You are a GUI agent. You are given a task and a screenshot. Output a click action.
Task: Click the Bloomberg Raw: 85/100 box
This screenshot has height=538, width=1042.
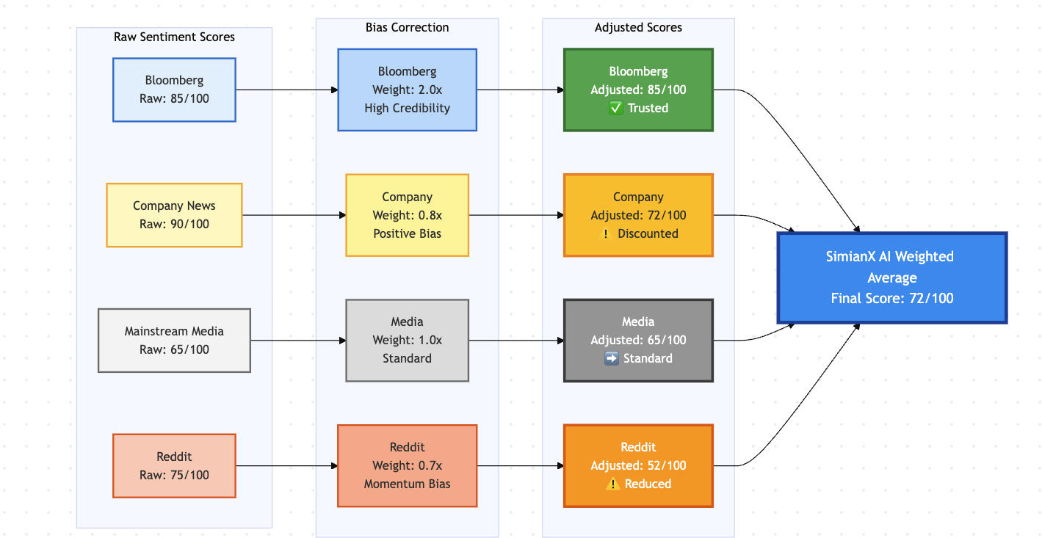click(x=174, y=90)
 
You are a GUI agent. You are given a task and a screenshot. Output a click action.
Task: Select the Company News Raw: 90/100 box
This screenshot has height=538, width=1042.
click(x=174, y=215)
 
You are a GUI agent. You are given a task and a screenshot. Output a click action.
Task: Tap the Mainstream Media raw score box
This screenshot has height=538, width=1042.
click(x=174, y=341)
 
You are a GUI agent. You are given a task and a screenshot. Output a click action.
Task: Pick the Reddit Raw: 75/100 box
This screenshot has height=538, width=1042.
click(x=174, y=466)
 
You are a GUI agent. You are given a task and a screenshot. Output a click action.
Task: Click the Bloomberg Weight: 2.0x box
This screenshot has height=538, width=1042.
click(x=407, y=90)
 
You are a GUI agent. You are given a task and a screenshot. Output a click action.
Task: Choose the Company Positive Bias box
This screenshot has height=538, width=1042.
click(x=407, y=215)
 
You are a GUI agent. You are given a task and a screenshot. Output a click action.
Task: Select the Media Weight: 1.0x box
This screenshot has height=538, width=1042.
click(x=407, y=341)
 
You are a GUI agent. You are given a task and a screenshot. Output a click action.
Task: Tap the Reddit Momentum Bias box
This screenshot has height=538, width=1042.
click(x=407, y=466)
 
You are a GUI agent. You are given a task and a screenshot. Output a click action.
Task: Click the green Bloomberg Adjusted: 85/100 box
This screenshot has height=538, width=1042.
click(x=638, y=90)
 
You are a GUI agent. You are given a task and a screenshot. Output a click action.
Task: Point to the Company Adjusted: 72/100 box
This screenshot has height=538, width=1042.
click(x=638, y=215)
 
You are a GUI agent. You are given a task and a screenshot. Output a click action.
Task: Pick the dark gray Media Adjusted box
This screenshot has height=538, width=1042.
click(x=638, y=341)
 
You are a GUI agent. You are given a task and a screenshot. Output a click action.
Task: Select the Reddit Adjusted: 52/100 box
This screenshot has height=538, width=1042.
click(x=638, y=466)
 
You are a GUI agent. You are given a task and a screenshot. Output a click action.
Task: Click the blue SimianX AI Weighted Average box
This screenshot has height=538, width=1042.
click(x=891, y=277)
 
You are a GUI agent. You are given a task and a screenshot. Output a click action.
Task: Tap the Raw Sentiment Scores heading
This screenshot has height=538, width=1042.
click(x=174, y=37)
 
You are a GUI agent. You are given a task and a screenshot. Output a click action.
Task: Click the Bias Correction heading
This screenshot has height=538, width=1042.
click(x=407, y=27)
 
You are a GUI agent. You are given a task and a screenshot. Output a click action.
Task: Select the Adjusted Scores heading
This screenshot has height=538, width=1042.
click(x=638, y=27)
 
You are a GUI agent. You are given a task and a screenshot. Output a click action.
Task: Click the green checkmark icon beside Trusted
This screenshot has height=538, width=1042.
click(x=616, y=109)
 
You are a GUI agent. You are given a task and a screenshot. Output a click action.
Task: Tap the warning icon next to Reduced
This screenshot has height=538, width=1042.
click(x=613, y=484)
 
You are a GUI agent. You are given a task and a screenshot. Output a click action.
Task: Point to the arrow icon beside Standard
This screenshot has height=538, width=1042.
click(x=611, y=359)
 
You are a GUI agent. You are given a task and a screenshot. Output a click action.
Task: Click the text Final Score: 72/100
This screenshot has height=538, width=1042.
click(x=891, y=299)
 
